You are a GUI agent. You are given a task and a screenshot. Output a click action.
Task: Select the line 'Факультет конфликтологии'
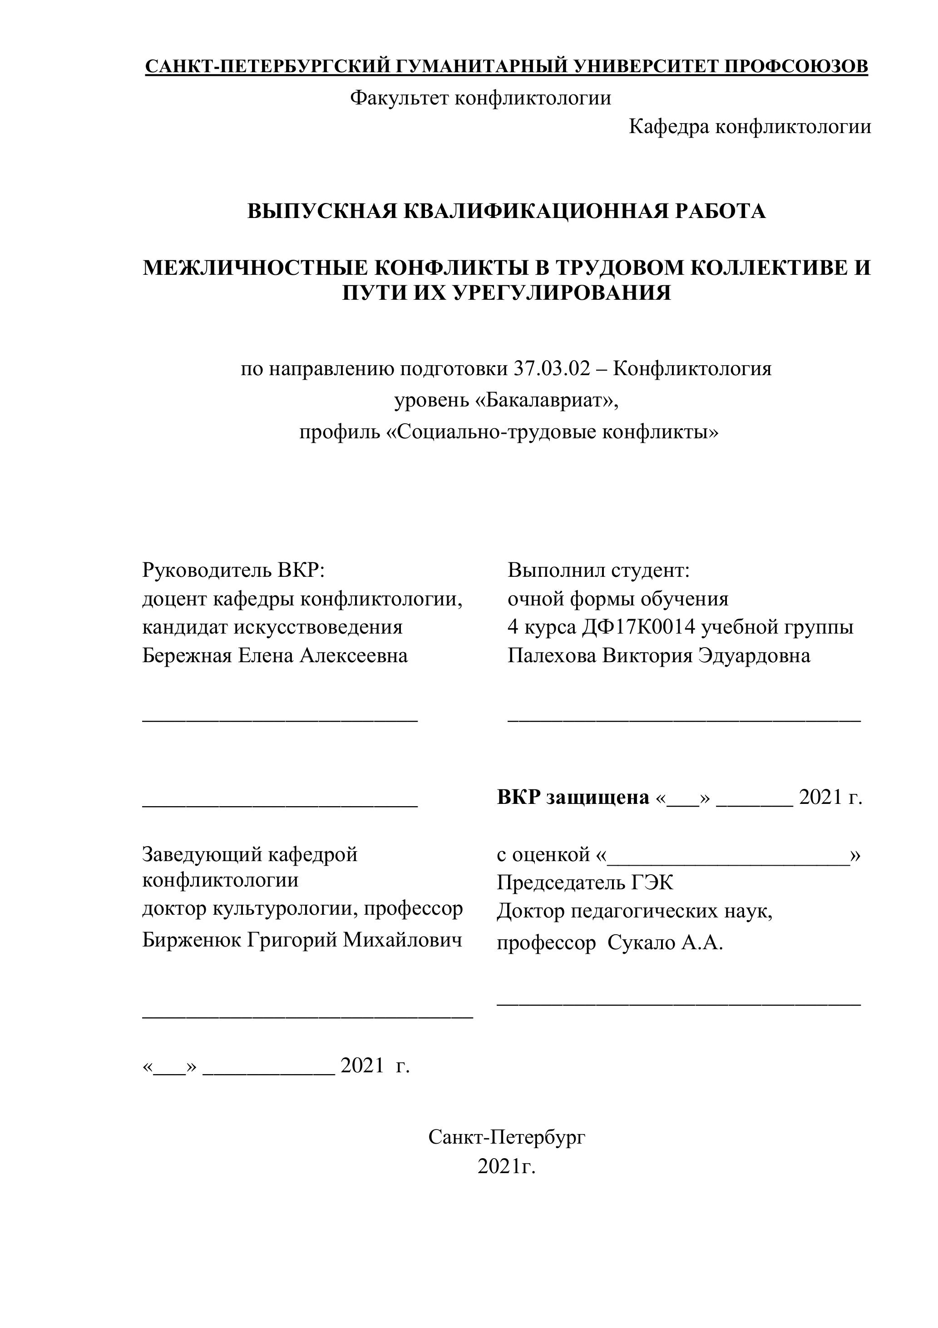point(480,98)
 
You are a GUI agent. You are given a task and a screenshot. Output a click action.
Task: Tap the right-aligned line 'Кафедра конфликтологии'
point(750,126)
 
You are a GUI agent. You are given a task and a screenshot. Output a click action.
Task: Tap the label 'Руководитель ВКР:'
point(234,570)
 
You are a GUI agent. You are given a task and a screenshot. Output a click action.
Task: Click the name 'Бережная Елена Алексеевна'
point(275,656)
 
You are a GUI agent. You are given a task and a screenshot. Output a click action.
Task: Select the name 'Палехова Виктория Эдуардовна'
point(659,656)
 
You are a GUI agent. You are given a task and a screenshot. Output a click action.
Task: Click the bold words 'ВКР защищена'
point(573,798)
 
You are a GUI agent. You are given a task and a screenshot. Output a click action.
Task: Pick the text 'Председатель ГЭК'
point(585,882)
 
